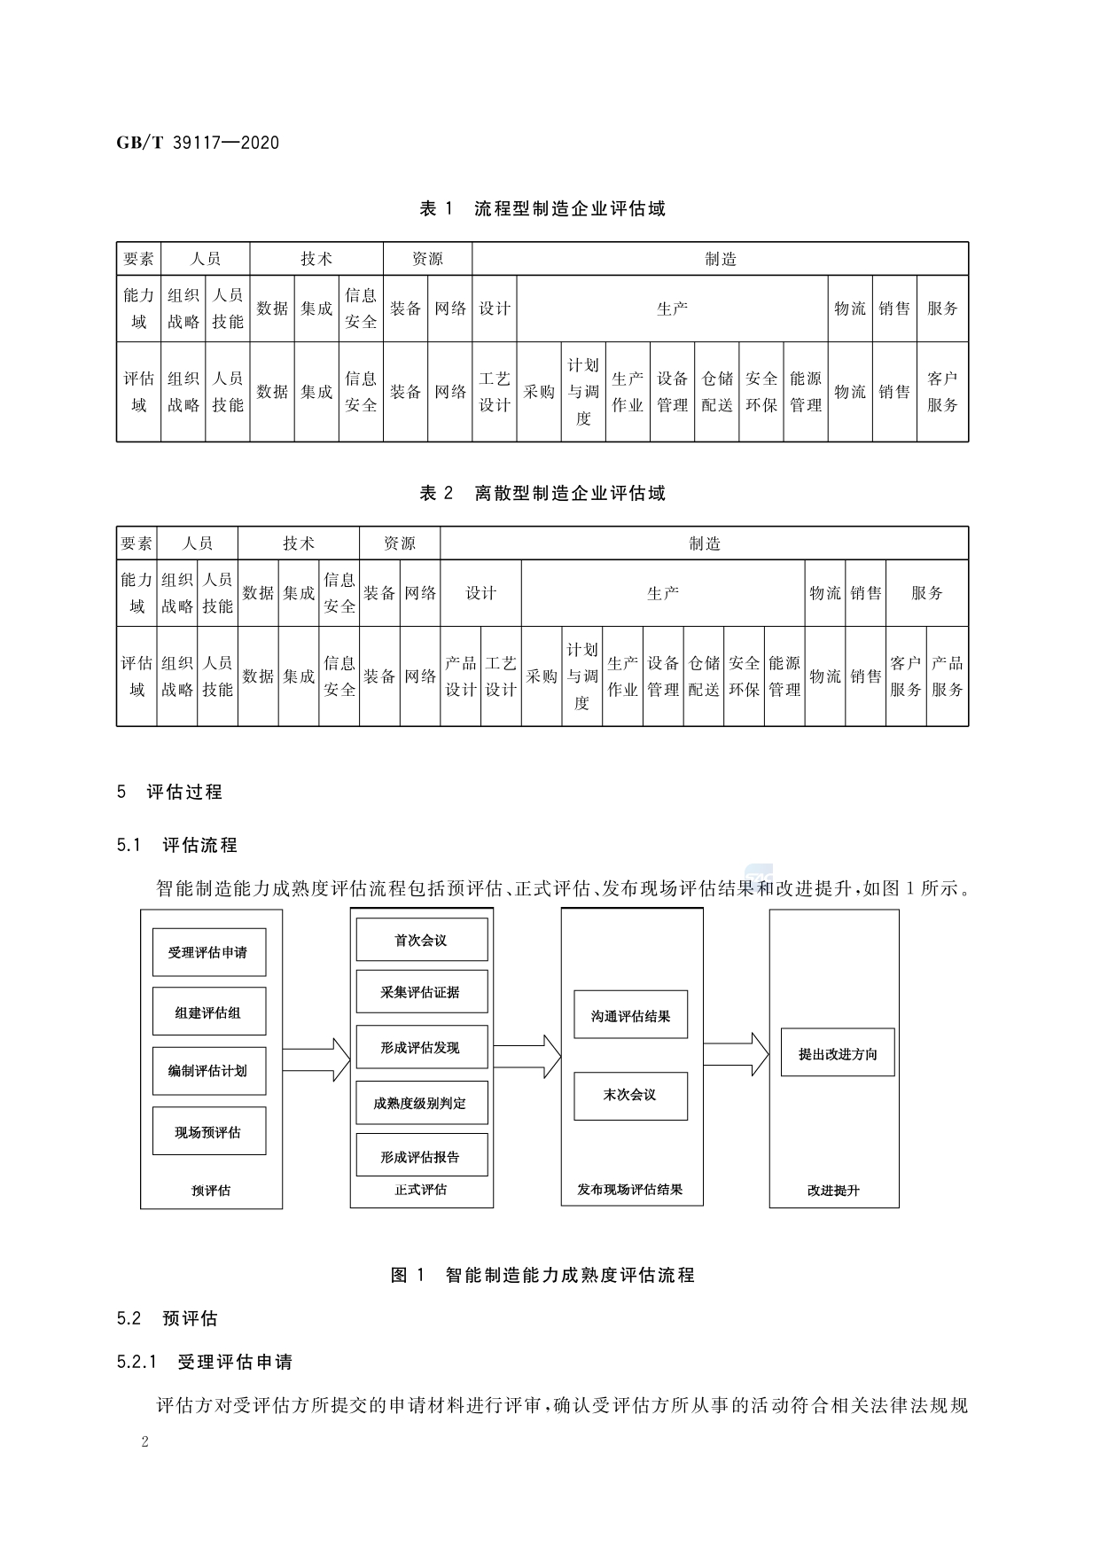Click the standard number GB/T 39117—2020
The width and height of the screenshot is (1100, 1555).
click(x=198, y=142)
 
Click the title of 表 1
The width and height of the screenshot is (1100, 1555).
click(x=542, y=209)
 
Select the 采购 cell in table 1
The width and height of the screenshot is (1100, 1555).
click(x=539, y=392)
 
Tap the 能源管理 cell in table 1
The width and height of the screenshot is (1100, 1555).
click(x=806, y=392)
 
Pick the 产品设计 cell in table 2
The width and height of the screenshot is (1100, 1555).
click(x=461, y=676)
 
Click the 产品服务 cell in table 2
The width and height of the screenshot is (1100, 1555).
click(x=948, y=676)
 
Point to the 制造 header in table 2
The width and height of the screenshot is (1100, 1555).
click(x=705, y=543)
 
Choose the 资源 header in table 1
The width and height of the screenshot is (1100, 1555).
click(x=427, y=259)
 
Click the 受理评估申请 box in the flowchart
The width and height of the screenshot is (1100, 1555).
click(x=208, y=952)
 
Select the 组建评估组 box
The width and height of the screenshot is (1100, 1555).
click(x=208, y=1012)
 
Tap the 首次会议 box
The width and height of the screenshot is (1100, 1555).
click(x=421, y=940)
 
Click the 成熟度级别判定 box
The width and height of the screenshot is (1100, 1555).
click(x=421, y=1104)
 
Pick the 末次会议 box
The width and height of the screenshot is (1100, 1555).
click(x=630, y=1095)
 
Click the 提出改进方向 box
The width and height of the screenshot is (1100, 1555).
click(x=838, y=1053)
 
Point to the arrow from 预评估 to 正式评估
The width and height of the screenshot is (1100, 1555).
click(x=316, y=1059)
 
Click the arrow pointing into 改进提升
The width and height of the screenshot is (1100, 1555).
click(x=737, y=1053)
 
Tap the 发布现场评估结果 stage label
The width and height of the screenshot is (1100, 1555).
click(x=630, y=1190)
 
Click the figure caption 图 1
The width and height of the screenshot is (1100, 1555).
click(x=542, y=1275)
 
